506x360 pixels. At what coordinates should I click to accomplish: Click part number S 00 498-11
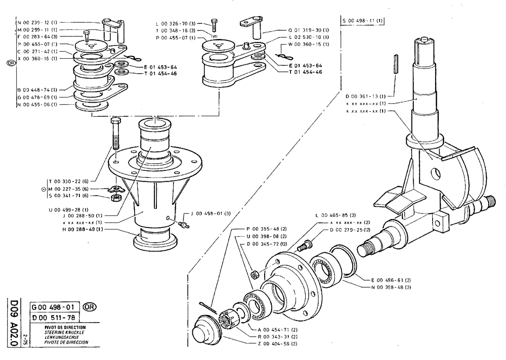point(363,21)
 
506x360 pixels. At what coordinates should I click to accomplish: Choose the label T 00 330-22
point(68,181)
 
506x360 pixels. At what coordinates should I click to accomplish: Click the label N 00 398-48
point(391,287)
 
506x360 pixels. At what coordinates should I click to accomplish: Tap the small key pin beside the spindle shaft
point(395,64)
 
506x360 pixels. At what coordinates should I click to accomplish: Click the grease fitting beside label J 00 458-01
point(184,223)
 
